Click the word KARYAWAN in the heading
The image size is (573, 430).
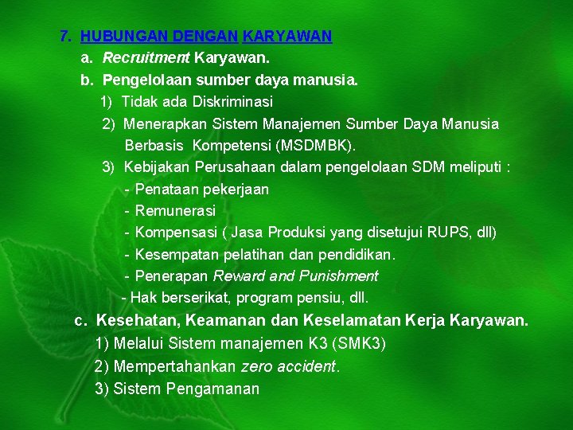tap(287, 36)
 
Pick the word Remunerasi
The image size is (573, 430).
tap(175, 211)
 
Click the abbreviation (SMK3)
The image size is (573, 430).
tap(358, 344)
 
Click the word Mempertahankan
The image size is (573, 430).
tap(175, 367)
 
